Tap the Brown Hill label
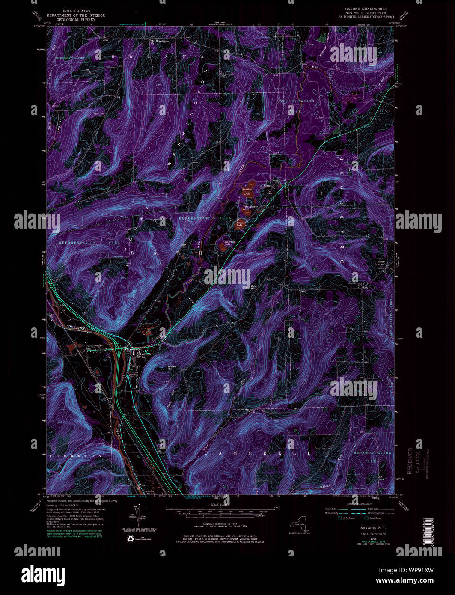[172, 368]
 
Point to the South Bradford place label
[381, 263]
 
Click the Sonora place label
[268, 186]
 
